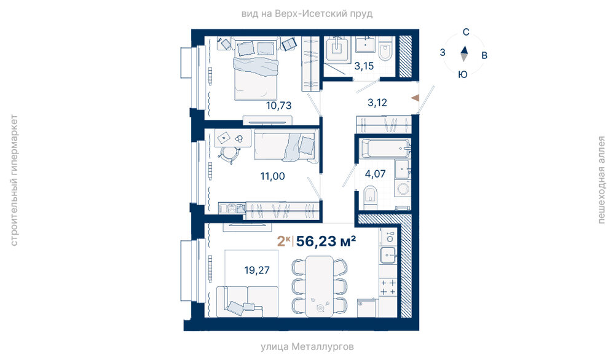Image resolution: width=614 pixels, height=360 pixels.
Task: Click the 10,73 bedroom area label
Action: point(279,106)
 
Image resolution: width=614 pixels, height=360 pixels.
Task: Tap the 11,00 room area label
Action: point(272,176)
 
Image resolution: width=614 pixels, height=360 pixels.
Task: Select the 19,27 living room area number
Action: point(257,270)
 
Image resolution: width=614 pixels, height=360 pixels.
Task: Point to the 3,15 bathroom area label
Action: point(364,66)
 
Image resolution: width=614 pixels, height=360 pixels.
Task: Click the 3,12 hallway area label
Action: point(377,103)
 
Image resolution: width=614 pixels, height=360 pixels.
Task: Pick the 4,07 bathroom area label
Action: point(375,174)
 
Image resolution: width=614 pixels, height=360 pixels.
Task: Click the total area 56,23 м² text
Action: point(326,241)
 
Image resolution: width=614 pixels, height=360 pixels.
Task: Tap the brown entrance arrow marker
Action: point(415,98)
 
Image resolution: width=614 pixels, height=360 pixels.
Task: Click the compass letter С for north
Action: point(466,32)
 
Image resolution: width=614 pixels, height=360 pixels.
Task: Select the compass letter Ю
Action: point(463,74)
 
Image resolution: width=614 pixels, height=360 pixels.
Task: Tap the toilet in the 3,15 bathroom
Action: point(386,49)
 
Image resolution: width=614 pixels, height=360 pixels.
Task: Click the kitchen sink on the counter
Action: point(388,256)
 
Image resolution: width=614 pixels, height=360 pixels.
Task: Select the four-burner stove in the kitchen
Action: point(388,287)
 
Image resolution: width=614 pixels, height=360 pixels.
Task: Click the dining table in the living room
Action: point(320,286)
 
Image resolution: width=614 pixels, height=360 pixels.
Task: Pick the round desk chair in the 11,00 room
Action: point(228,154)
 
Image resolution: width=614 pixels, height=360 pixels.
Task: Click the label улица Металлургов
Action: point(307,346)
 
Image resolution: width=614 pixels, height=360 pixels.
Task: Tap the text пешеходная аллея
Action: point(601,180)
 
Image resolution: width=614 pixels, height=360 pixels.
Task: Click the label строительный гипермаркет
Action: point(14,181)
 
